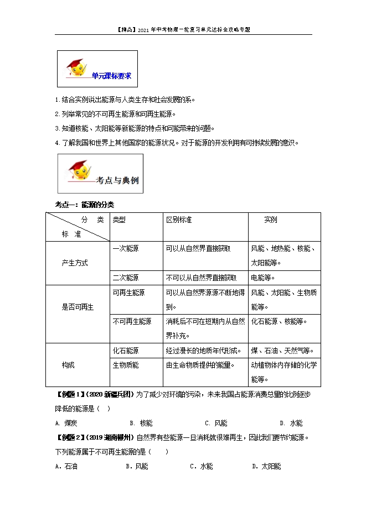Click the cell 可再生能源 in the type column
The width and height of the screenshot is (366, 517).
pyautogui.click(x=128, y=293)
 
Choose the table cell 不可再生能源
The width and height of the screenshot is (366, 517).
pyautogui.click(x=132, y=321)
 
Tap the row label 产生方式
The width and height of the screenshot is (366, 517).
pyautogui.click(x=75, y=263)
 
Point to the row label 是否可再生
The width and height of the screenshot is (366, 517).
pyautogui.click(x=78, y=307)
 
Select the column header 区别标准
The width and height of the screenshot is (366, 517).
pyautogui.click(x=179, y=220)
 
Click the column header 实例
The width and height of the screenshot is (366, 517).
pyautogui.click(x=271, y=220)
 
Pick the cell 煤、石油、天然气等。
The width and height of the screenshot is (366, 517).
pyautogui.click(x=282, y=351)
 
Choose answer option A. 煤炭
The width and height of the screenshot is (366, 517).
pyautogui.click(x=66, y=423)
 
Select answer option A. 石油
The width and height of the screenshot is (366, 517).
pyautogui.click(x=67, y=466)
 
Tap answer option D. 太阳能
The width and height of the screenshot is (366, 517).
pyautogui.click(x=266, y=466)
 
